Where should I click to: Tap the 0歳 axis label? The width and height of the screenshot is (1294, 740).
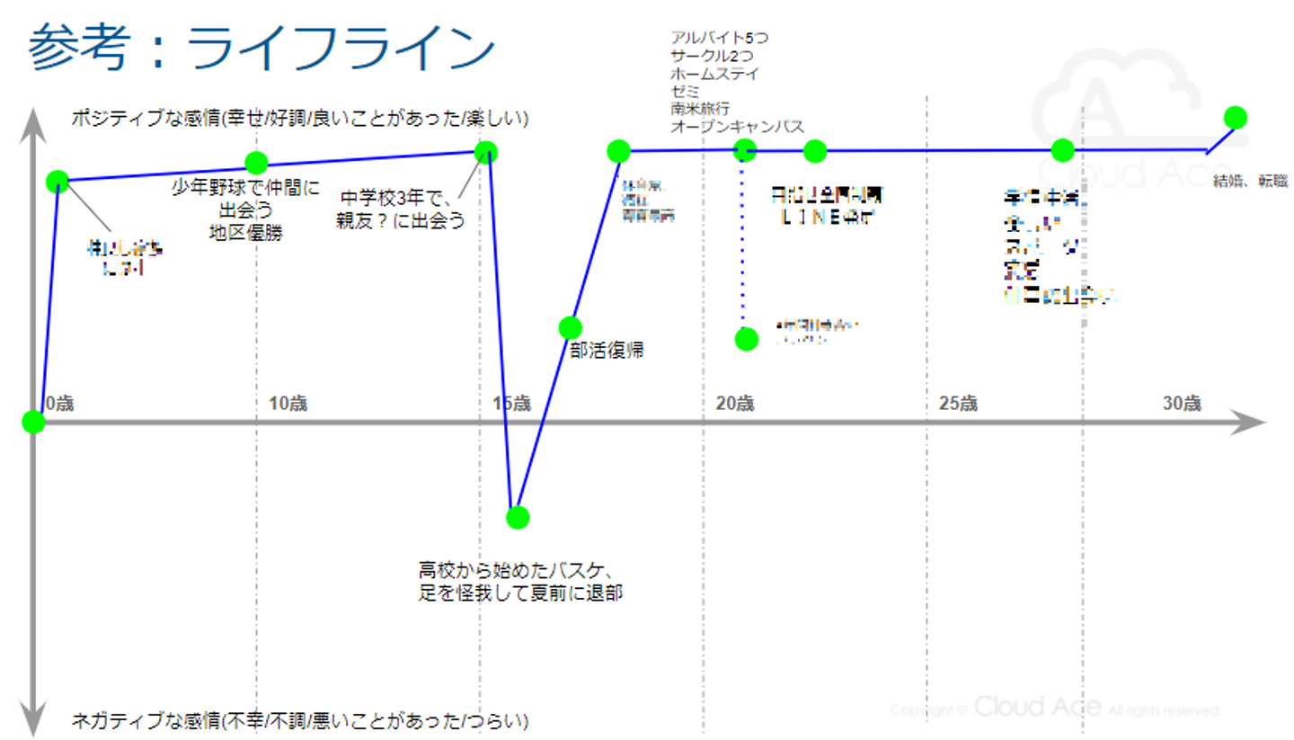tap(58, 403)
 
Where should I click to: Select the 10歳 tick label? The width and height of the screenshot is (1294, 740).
tap(288, 403)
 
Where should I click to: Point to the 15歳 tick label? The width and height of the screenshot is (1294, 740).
tap(511, 403)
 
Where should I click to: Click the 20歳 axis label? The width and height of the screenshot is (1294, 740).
tap(734, 403)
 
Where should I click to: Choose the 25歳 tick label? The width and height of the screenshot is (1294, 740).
tap(958, 403)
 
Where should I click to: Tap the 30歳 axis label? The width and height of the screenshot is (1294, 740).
tap(1181, 403)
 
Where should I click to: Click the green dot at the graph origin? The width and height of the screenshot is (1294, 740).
tap(33, 422)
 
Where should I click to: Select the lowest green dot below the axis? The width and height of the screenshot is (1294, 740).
tap(517, 517)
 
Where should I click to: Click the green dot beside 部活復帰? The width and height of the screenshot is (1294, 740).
tap(570, 327)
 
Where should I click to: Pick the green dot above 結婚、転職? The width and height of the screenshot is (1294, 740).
tap(1235, 118)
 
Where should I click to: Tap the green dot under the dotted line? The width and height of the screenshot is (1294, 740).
tap(746, 339)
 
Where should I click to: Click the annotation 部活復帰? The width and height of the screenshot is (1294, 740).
tap(607, 351)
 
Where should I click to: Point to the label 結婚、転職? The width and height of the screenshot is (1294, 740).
tap(1250, 181)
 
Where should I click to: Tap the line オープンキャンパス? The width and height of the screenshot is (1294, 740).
tap(737, 126)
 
